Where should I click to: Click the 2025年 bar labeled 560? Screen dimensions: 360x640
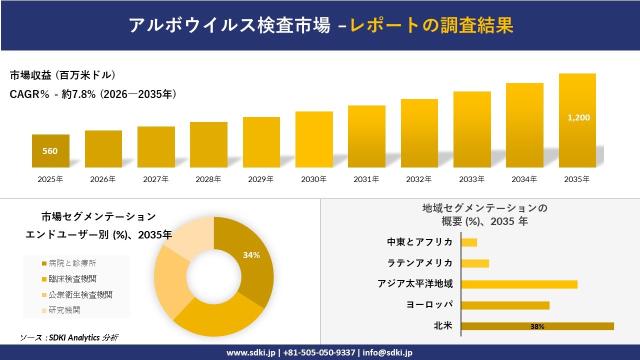pyautogui.click(x=50, y=150)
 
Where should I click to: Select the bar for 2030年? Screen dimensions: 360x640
pyautogui.click(x=314, y=139)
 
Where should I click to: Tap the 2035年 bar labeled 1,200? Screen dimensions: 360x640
pyautogui.click(x=577, y=120)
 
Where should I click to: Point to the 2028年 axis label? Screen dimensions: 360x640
pyautogui.click(x=208, y=179)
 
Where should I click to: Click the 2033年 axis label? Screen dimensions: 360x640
pyautogui.click(x=471, y=179)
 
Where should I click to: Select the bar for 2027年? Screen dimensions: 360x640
pyautogui.click(x=156, y=147)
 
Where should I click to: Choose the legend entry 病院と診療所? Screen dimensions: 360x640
pyautogui.click(x=72, y=263)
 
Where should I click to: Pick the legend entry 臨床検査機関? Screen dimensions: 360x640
pyautogui.click(x=72, y=278)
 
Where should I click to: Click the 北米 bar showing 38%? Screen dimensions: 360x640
pyautogui.click(x=537, y=326)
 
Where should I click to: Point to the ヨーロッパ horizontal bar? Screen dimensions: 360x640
pyautogui.click(x=505, y=305)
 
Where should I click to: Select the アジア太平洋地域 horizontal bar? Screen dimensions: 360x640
pyautogui.click(x=519, y=284)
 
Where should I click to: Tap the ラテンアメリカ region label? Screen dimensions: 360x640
pyautogui.click(x=420, y=263)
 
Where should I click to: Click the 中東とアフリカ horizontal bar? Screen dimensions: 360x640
pyautogui.click(x=469, y=242)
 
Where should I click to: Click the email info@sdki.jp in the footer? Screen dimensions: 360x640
pyautogui.click(x=387, y=352)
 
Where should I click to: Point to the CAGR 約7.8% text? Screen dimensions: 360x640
pyautogui.click(x=93, y=94)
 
